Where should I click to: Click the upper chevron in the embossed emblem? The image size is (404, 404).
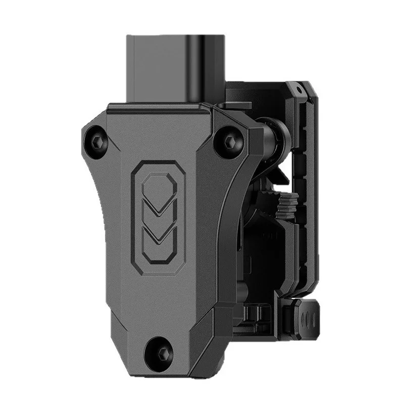[x=158, y=206]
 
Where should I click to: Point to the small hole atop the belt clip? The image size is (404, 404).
[x=299, y=89]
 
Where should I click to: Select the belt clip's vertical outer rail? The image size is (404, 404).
[x=309, y=192]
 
